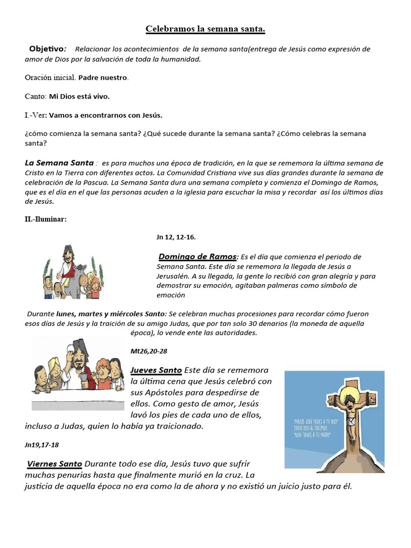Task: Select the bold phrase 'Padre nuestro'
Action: pos(103,78)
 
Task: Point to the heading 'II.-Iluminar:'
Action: pos(45,218)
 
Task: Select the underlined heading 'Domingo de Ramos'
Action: pos(197,256)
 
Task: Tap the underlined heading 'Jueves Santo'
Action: pos(156,370)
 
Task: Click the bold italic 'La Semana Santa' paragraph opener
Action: pos(59,163)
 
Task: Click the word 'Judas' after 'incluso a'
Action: pos(77,426)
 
